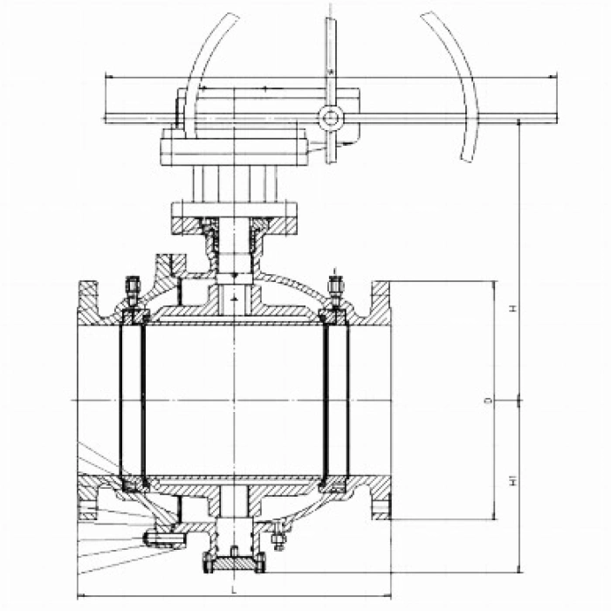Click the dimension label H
[x=514, y=308]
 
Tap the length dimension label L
[x=233, y=589]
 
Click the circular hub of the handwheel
[x=331, y=118]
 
